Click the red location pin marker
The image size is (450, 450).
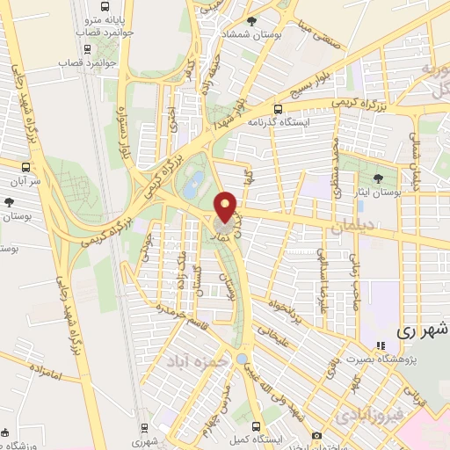pyautogui.click(x=227, y=206)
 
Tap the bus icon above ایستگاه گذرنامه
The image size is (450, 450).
pyautogui.click(x=278, y=110)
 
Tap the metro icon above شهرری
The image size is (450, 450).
pyautogui.click(x=145, y=430)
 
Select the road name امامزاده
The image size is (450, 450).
pyautogui.click(x=41, y=375)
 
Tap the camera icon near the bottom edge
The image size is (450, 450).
pyautogui.click(x=316, y=435)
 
